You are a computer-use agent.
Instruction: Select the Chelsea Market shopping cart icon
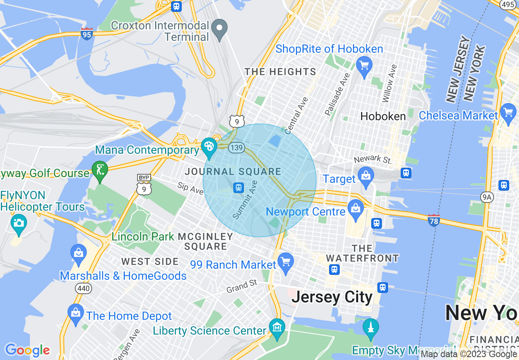[x=508, y=112]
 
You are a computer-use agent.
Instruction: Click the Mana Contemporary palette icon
[x=209, y=146]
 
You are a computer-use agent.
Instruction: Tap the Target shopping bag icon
[x=366, y=176]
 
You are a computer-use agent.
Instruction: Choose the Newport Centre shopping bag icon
[x=356, y=208]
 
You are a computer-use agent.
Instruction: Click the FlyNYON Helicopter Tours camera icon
[x=18, y=223]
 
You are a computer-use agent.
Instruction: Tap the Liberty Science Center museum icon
[x=277, y=327]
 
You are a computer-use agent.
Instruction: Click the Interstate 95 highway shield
[x=87, y=34]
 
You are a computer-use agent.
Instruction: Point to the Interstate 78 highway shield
[x=433, y=220]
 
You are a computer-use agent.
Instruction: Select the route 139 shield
[x=237, y=147]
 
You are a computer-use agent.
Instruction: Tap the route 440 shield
[x=83, y=288]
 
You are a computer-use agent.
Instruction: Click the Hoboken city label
[x=383, y=116]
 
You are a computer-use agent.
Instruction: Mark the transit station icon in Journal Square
[x=238, y=188]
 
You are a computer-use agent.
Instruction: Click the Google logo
[x=27, y=350]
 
